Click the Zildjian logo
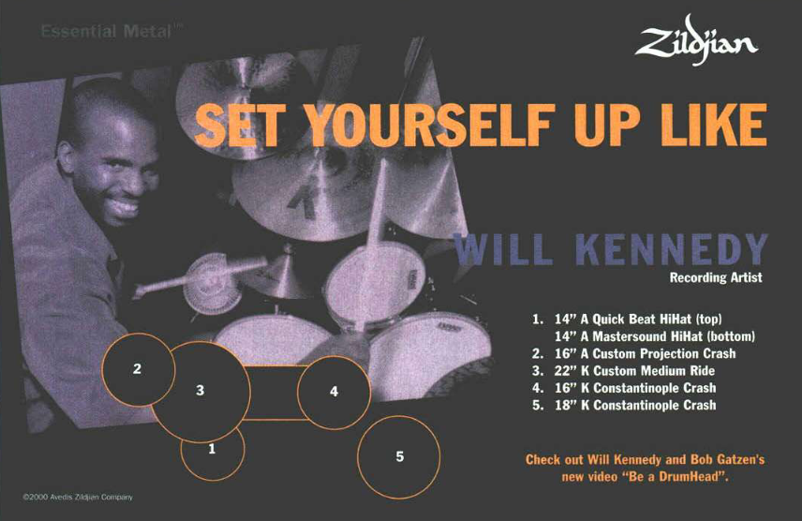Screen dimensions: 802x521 (696, 40)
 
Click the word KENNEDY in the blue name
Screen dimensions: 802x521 (672, 249)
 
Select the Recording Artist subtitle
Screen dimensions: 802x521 (716, 277)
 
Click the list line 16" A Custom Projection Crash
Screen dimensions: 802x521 (633, 353)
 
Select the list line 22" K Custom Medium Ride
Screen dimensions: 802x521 (623, 370)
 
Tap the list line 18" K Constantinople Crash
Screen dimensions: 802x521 (624, 405)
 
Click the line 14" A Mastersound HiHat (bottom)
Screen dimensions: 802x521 (655, 336)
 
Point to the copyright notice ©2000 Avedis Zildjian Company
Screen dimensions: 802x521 (78, 497)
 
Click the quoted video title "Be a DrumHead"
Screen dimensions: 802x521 (677, 477)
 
